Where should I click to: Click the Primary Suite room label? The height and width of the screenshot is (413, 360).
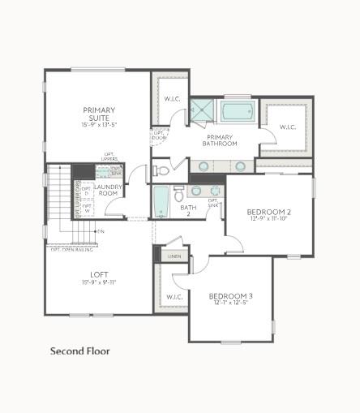click(x=98, y=114)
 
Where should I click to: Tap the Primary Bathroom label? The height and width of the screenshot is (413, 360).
click(x=220, y=140)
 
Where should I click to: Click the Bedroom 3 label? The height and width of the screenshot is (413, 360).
click(x=230, y=296)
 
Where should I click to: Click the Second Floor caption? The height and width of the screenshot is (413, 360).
click(x=79, y=351)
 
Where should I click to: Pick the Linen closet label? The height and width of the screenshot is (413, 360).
click(x=174, y=256)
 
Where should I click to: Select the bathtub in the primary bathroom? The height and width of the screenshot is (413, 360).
click(x=237, y=110)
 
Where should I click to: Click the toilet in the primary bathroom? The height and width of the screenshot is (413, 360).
click(x=160, y=170)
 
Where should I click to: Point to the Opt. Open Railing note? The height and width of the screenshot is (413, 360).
click(x=72, y=250)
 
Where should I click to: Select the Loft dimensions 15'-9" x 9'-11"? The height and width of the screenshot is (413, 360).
click(x=99, y=282)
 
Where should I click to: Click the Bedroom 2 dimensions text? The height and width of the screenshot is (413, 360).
click(x=270, y=219)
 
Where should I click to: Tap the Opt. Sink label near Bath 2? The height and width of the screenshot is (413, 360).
click(x=213, y=203)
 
